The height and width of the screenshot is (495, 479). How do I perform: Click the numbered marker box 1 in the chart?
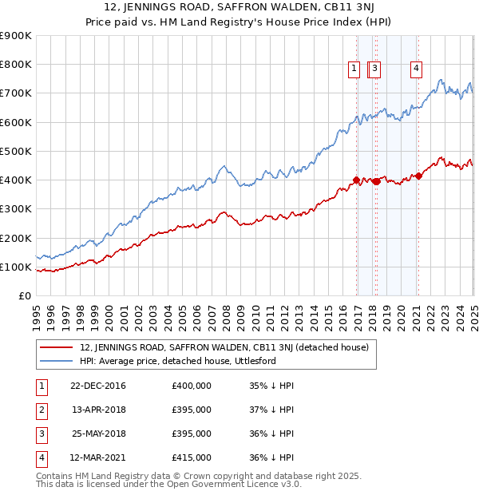[353, 69]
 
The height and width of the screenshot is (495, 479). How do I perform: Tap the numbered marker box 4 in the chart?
[417, 69]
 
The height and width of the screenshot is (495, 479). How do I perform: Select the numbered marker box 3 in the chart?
[374, 69]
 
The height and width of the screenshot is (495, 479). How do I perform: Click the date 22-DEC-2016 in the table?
[97, 386]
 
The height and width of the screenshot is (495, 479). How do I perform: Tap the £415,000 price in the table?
[192, 457]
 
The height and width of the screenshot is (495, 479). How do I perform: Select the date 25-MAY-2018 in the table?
[97, 434]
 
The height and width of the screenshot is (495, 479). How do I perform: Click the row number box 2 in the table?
[40, 410]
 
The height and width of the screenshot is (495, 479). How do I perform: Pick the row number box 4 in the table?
[40, 457]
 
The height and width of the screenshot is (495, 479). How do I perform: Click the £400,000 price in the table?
[192, 386]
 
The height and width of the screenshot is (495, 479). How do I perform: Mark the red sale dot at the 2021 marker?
[418, 176]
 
